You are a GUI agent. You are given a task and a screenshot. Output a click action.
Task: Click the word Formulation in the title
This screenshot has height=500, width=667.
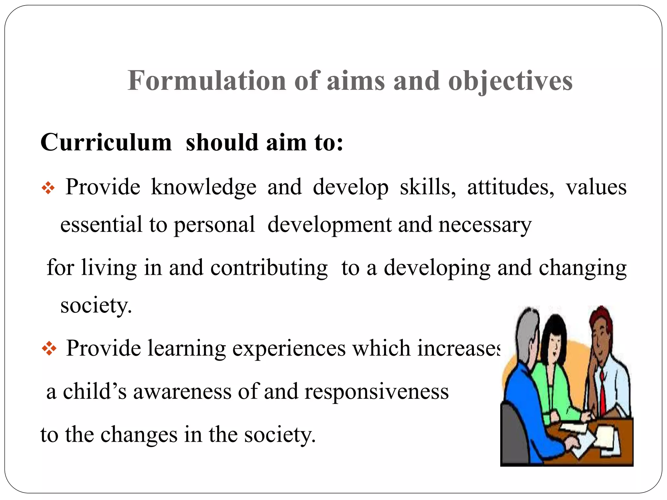[x=207, y=81]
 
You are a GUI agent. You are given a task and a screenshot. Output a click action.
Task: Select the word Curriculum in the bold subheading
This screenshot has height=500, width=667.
[x=106, y=143]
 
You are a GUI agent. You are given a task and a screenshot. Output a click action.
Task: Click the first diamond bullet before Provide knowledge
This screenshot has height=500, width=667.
[x=48, y=188]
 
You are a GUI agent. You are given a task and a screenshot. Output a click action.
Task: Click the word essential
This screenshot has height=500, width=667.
[x=101, y=225]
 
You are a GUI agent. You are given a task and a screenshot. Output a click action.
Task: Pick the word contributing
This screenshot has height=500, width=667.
[x=269, y=268]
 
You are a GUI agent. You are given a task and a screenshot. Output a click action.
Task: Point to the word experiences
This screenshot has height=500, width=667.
[x=289, y=348]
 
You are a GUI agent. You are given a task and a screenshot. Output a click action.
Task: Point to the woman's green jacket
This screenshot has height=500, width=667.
[x=554, y=387]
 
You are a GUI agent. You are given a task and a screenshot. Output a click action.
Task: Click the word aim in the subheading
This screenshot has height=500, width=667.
[x=286, y=143]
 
